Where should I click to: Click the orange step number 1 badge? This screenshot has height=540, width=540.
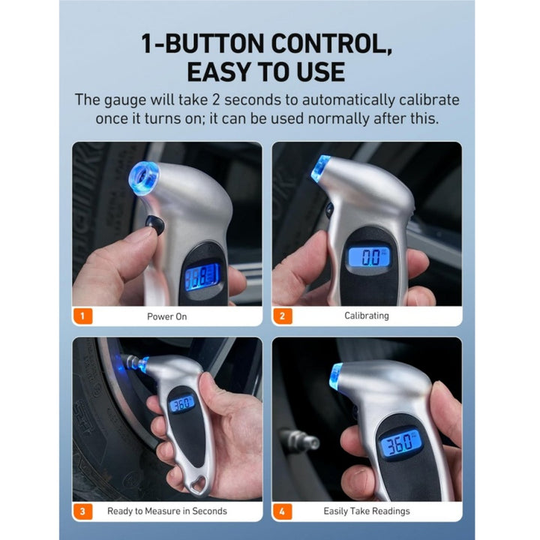coord(82,316)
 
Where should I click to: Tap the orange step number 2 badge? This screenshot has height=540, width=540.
coord(283,316)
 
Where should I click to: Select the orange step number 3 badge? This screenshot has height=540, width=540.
coord(82,511)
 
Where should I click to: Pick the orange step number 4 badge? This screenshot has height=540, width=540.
coord(283,511)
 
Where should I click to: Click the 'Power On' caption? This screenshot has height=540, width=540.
coord(167,316)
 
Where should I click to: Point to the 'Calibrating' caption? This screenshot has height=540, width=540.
coord(367,316)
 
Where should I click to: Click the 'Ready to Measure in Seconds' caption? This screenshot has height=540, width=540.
coord(167,511)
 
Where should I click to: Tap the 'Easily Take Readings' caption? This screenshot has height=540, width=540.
coord(367,511)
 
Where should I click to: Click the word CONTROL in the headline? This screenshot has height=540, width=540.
coord(331,43)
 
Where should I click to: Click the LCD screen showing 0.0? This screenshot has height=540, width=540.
coord(369,257)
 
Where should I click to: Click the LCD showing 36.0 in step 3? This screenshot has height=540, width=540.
coord(181,403)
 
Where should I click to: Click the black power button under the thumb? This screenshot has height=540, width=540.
coord(155,224)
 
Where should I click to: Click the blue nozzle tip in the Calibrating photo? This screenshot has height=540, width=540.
coord(320,169)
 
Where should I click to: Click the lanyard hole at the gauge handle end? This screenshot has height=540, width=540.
coord(199,485)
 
